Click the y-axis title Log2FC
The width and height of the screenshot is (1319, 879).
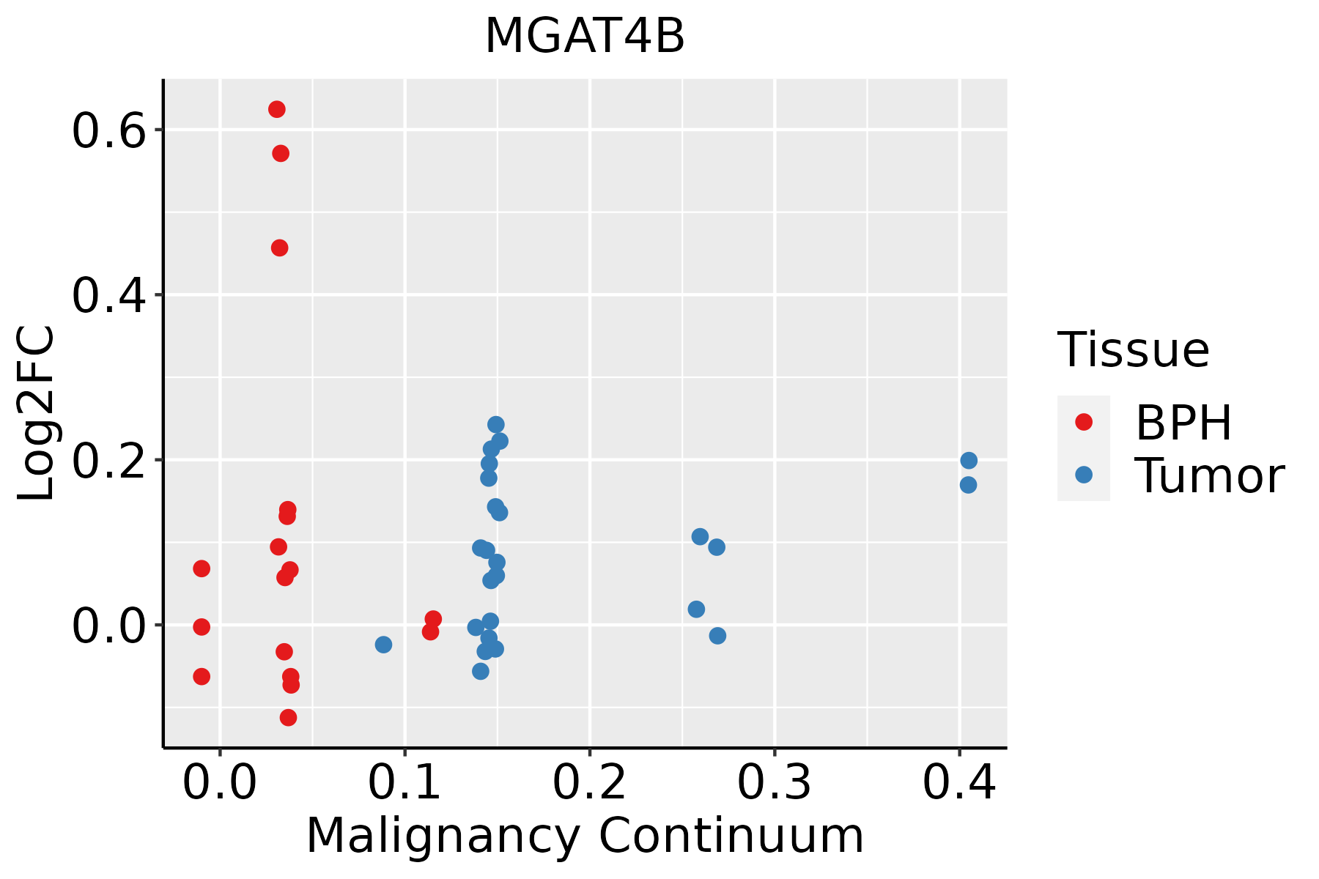(37, 414)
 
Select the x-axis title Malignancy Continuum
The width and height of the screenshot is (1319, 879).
(585, 837)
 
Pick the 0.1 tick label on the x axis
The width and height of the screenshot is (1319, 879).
(404, 782)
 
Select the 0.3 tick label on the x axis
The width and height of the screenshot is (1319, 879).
(774, 782)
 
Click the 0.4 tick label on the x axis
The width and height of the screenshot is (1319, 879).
(958, 782)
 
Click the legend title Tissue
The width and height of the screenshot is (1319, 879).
(1134, 350)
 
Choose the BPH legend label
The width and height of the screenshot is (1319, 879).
(1183, 423)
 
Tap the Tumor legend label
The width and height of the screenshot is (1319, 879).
(1209, 476)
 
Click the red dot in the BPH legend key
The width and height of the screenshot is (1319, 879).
(1083, 422)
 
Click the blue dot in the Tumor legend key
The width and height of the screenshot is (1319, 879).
(1083, 475)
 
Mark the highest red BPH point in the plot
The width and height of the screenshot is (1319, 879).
(277, 109)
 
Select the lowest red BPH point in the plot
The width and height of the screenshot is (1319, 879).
(289, 717)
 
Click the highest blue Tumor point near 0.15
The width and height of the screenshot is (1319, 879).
(496, 425)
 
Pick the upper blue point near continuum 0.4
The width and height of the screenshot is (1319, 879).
(969, 461)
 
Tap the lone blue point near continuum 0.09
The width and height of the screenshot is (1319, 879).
(383, 645)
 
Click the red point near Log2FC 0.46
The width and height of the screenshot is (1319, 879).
(279, 248)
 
